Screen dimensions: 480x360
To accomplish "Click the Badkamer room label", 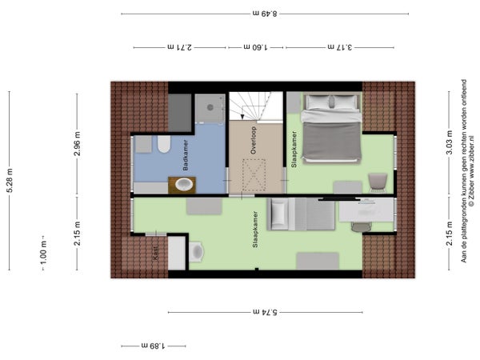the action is click(186, 155).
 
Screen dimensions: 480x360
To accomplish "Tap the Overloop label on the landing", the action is click(253, 140).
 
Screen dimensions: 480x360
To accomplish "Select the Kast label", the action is click(155, 253).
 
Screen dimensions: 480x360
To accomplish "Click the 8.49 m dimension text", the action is click(265, 14).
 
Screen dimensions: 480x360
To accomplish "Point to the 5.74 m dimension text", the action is click(265, 312).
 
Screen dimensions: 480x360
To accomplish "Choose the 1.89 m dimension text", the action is click(153, 346).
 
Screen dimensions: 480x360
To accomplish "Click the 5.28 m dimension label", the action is click(10, 181).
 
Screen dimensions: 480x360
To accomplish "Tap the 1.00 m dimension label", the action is click(43, 253).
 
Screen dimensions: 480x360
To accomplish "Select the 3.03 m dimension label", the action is click(449, 142).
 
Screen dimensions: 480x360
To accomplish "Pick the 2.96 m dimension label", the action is click(77, 144).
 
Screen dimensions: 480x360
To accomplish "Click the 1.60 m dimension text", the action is click(256, 47).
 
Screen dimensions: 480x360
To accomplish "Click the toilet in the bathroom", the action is click(164, 144).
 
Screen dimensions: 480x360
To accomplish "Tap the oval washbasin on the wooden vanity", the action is click(184, 185).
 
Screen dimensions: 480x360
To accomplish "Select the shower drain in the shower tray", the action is click(210, 107).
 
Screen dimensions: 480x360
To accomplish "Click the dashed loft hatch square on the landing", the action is click(254, 175).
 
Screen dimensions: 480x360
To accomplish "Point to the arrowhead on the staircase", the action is click(242, 117).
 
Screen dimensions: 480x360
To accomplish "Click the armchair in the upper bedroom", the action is click(378, 182).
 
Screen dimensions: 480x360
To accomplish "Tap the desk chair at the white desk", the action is click(362, 227).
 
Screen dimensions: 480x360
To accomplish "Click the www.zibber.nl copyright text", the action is click(471, 170).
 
